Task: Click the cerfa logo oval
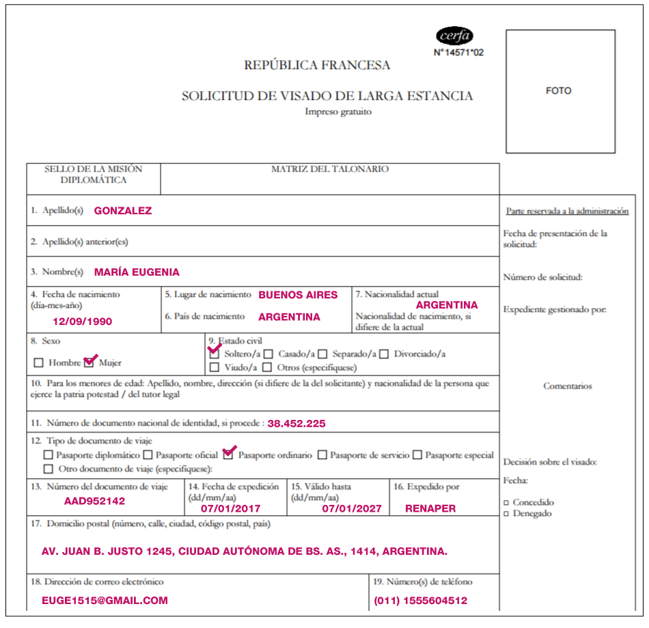pos(454,36)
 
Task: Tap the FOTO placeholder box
pos(560,91)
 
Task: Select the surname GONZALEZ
pos(123,211)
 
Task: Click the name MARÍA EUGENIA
pos(137,272)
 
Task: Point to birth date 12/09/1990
pos(83,321)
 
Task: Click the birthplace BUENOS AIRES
pos(298,295)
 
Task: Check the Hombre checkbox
pos(39,363)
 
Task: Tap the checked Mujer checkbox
pos(89,362)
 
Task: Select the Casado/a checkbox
pos(269,354)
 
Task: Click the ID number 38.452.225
pos(296,423)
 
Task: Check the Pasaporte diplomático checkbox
pos(48,455)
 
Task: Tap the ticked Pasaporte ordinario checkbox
pos(229,454)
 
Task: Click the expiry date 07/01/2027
pos(352,508)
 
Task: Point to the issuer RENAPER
pos(430,508)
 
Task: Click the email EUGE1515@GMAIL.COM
pos(105,601)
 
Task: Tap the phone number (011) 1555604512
pos(420,601)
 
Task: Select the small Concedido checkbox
pos(506,503)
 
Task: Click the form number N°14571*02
pos(458,52)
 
